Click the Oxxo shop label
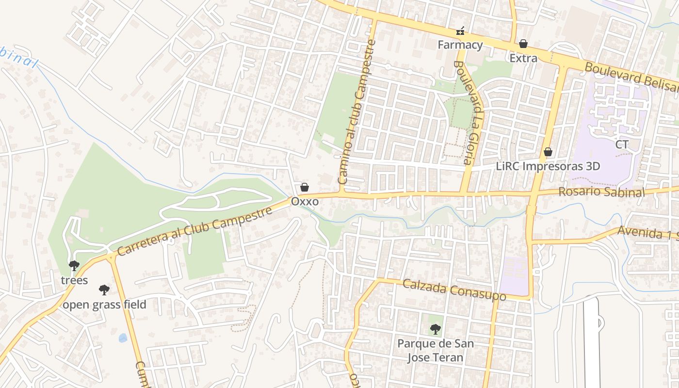305,201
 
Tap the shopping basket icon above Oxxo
305,187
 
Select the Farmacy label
460,45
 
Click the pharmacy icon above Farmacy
460,32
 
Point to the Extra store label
523,58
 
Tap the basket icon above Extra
523,44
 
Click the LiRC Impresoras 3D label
548,166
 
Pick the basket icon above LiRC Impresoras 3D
548,152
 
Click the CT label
622,145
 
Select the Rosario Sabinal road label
601,192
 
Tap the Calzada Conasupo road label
454,290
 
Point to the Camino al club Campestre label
357,112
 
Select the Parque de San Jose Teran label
436,351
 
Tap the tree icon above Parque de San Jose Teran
436,329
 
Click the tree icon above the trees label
74,266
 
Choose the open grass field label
104,305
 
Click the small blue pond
123,338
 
